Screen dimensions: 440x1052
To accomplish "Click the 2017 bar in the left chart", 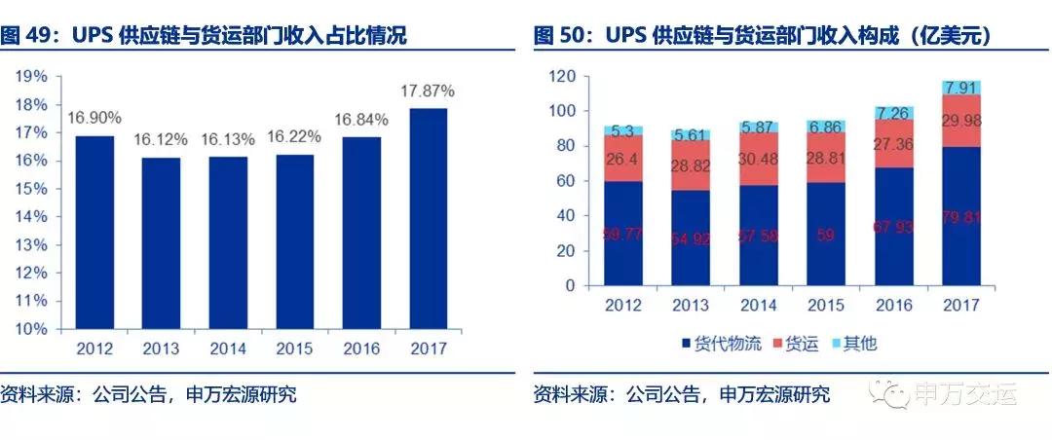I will (x=429, y=218).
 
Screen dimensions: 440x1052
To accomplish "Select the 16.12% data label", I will (x=163, y=139).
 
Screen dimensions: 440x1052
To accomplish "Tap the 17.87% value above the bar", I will (x=429, y=91).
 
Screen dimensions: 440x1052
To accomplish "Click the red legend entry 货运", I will (x=797, y=343).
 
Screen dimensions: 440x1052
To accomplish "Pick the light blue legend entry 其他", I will (x=857, y=343).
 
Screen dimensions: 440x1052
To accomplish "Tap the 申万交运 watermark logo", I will (x=959, y=395).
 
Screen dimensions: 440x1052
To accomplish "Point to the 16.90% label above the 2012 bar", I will (x=94, y=119).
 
